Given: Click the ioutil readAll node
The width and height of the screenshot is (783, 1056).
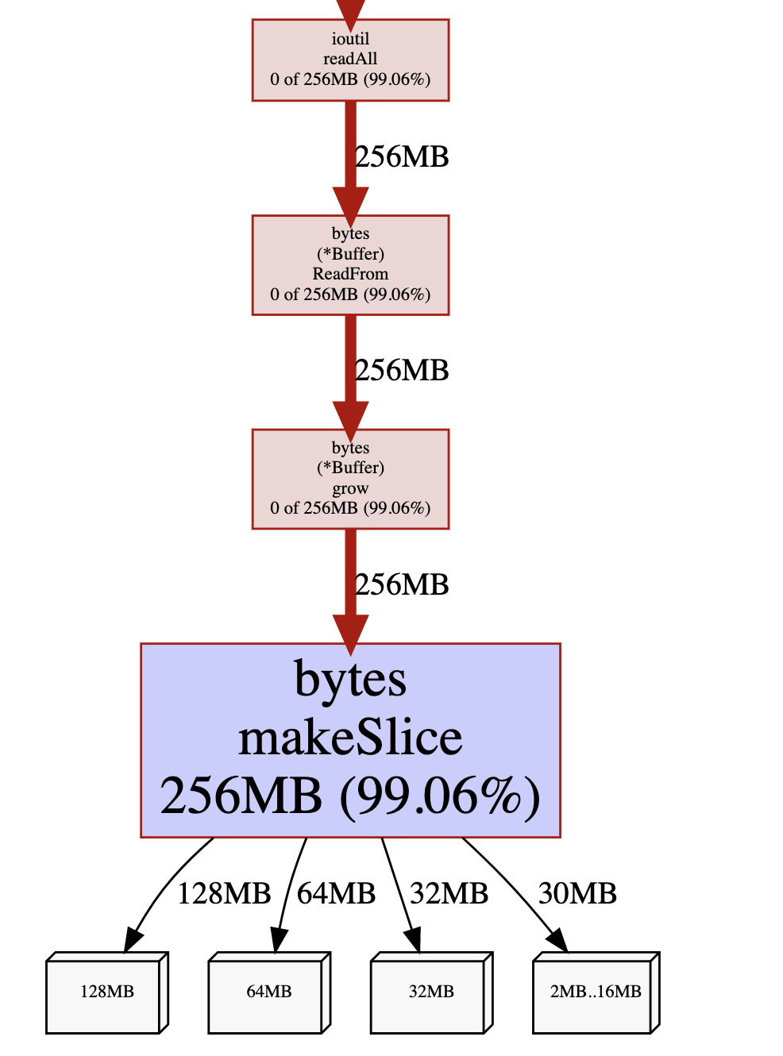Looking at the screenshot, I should click(x=350, y=60).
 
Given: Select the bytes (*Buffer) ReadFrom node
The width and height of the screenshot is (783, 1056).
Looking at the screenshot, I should click(x=350, y=264).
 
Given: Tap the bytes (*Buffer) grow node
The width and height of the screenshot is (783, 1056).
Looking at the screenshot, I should click(x=350, y=479).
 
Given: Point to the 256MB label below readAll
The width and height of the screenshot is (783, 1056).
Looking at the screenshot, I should click(x=402, y=157).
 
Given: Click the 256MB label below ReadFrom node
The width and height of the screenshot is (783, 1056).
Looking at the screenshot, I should click(x=402, y=371).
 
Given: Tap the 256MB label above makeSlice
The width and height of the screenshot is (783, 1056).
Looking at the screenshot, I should click(x=402, y=585).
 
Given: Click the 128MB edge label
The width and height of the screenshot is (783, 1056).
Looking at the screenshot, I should click(x=224, y=894).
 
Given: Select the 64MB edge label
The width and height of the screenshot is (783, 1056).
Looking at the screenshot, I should click(x=336, y=894).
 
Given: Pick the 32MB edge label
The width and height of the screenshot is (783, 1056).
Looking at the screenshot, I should click(x=449, y=894).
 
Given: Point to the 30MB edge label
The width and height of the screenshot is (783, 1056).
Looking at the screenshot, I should click(x=577, y=894).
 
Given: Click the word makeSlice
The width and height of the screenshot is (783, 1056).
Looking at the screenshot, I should click(x=350, y=738).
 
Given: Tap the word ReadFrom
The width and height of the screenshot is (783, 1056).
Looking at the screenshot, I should click(x=350, y=274).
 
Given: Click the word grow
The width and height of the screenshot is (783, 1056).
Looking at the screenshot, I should click(x=350, y=488).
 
